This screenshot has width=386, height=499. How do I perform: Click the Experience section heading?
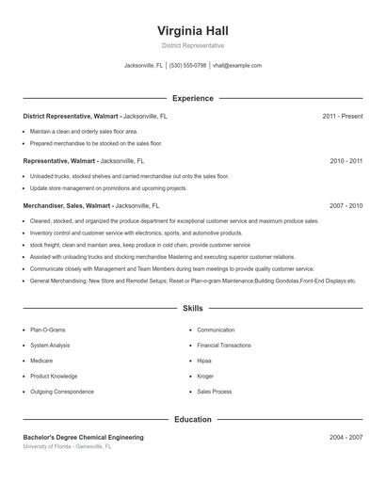click(192, 98)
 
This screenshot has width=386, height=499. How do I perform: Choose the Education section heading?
click(192, 419)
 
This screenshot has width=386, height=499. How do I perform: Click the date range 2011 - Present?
click(342, 116)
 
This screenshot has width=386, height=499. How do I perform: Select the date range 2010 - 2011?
click(346, 161)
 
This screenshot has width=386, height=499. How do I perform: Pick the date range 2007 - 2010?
click(346, 205)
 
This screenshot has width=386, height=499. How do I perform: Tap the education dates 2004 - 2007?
click(346, 438)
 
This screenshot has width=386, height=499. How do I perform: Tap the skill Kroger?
click(205, 376)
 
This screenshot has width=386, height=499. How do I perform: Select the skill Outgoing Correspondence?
click(62, 392)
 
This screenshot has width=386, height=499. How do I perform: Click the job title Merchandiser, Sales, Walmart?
click(67, 205)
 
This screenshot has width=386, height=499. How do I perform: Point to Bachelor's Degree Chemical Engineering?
click(83, 438)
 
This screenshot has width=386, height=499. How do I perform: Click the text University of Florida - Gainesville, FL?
click(67, 447)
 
